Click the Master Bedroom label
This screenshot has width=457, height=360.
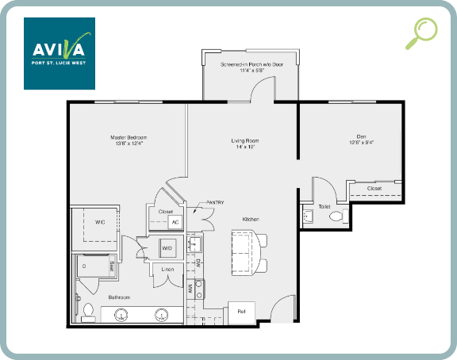tap(128, 140)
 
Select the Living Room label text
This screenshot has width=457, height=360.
tap(245, 144)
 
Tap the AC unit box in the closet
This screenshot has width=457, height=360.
tap(175, 222)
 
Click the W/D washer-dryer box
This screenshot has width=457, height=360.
tap(167, 249)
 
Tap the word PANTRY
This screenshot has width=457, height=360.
tap(215, 203)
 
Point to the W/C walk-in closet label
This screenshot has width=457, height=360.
tap(101, 221)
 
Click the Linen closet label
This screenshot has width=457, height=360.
tap(167, 270)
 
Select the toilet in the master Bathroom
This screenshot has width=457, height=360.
tap(88, 311)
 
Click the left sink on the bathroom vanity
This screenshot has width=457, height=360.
tap(121, 314)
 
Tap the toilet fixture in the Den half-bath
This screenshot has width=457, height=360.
tap(336, 216)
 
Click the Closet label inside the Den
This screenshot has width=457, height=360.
tap(374, 189)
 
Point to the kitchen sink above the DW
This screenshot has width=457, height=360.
tap(194, 244)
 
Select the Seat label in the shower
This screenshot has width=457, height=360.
tap(112, 266)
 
